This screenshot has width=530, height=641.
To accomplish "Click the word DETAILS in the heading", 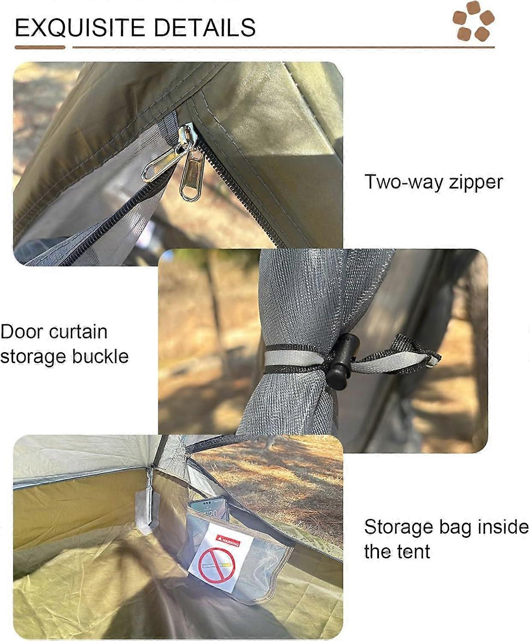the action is [204, 28].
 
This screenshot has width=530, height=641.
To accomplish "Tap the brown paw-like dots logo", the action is [473, 21].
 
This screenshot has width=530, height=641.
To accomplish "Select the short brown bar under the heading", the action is [40, 47].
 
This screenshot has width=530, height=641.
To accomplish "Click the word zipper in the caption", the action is [476, 183].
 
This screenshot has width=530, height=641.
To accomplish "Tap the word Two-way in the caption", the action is [403, 182].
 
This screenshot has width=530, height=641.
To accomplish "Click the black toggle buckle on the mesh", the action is [342, 362].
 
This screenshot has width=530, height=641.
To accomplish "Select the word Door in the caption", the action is [21, 332].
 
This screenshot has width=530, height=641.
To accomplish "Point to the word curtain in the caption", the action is [78, 332].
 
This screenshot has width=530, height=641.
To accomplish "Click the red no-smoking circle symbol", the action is [216, 566].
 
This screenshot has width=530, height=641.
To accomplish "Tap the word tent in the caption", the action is [413, 552].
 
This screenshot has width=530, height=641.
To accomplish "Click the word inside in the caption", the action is [499, 527].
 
